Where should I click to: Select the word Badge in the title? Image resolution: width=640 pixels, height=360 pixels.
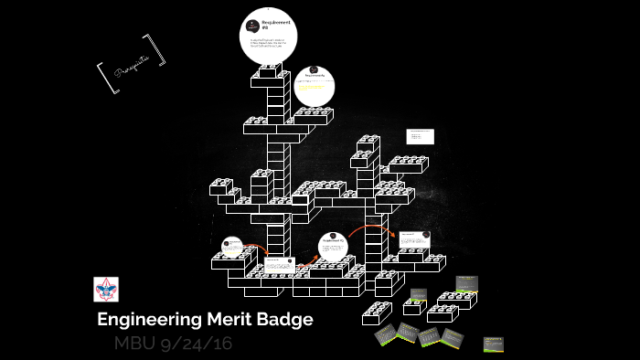click(x=284, y=320)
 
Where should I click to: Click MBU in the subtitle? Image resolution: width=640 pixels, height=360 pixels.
click(x=135, y=345)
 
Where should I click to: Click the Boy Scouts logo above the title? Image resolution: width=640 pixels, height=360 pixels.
click(x=106, y=290)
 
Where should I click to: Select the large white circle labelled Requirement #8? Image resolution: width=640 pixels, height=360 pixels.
click(x=269, y=37)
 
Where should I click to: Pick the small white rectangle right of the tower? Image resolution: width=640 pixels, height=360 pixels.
click(x=421, y=136)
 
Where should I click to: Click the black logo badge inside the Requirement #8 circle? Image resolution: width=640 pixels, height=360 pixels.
click(x=253, y=25)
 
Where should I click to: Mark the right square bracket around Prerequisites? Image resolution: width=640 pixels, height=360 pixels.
click(x=162, y=50)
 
